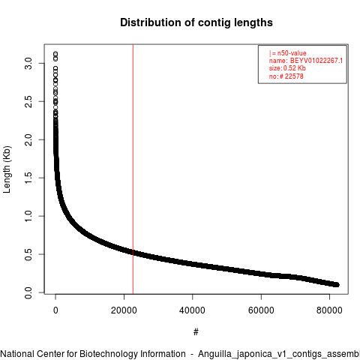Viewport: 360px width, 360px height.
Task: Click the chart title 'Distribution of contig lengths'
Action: pos(196,22)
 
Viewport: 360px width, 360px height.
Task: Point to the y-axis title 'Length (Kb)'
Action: pos(7,169)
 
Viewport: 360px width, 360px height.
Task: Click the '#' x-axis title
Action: pos(196,332)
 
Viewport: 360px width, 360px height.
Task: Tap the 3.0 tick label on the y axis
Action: pos(28,64)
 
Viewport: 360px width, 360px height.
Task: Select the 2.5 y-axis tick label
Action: pos(28,101)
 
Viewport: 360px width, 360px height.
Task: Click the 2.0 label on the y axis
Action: pos(28,139)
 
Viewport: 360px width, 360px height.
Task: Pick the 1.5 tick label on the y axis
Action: pos(28,178)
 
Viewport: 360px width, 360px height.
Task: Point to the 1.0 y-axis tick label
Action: pos(28,216)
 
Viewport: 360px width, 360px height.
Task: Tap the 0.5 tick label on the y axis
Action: pos(28,254)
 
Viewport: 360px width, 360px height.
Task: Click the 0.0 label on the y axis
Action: pos(28,292)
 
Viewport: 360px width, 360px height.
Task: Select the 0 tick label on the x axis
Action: pos(55,310)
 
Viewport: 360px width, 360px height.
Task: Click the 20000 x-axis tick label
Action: pos(124,310)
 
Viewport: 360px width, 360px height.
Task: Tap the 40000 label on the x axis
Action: pos(193,310)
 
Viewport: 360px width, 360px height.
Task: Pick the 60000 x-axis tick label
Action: pos(261,310)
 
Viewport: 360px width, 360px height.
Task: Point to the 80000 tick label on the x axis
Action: pos(329,310)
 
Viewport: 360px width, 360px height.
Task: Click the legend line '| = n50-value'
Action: pos(288,53)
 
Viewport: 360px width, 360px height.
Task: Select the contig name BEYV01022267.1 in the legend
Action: pos(316,61)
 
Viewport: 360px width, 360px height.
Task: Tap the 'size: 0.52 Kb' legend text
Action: pos(287,68)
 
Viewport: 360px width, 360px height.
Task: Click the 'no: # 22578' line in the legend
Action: pos(286,76)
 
